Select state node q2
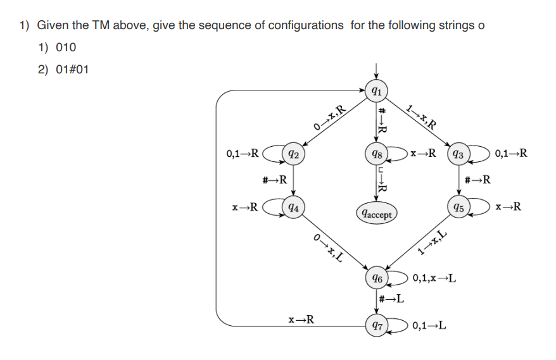[292, 153]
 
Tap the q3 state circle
[459, 153]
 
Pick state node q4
[292, 206]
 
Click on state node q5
[459, 206]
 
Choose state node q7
[376, 326]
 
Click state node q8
[376, 153]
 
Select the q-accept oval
[376, 213]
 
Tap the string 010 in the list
[66, 47]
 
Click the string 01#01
[72, 69]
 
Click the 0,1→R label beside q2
[242, 153]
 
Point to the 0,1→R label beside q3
[511, 153]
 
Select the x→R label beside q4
[244, 206]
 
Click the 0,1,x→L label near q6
[434, 278]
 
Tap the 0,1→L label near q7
[429, 326]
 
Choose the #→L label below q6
[391, 298]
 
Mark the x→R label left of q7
[300, 320]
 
